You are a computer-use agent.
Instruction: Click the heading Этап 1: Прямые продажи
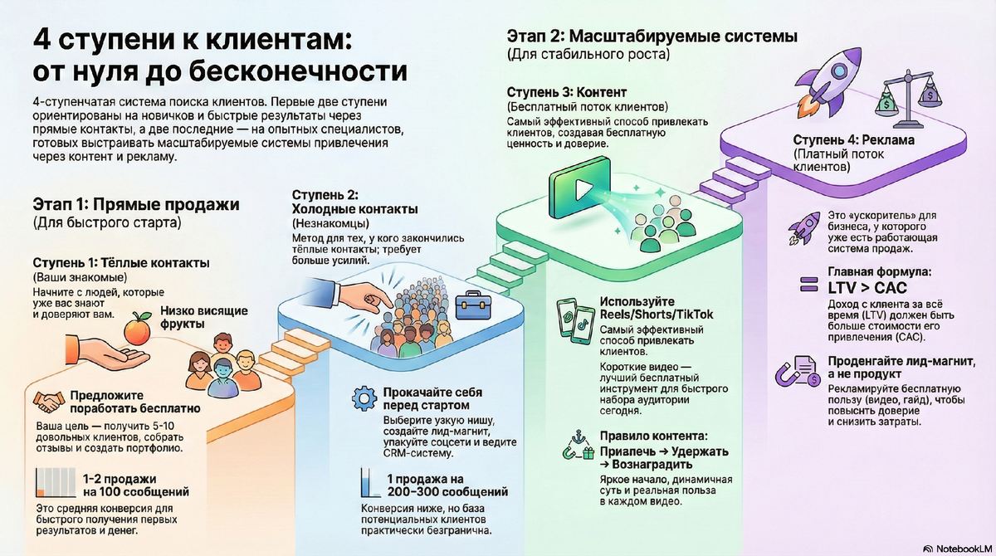click(x=136, y=205)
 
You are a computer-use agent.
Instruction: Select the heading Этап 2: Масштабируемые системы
click(x=652, y=37)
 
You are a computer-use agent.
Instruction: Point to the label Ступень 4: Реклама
click(x=853, y=140)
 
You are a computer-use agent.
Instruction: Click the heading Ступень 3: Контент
click(x=566, y=91)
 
